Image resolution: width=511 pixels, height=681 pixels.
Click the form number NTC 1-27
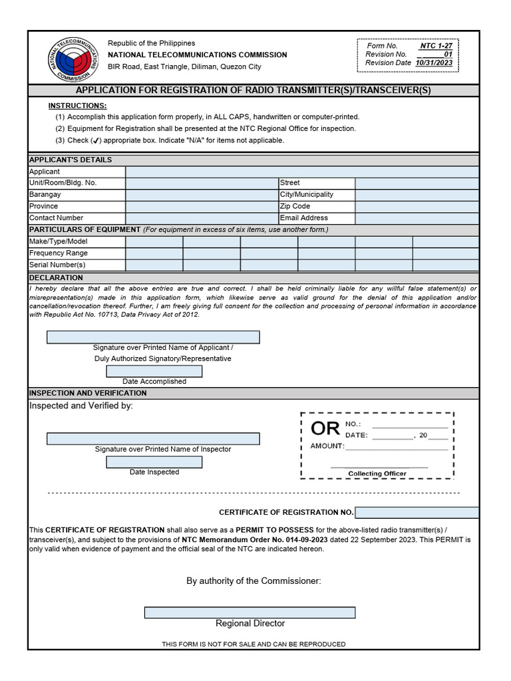coord(436,45)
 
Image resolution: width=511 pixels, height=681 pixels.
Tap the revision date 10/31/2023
coord(434,63)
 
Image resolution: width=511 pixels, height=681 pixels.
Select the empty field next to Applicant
coord(301,172)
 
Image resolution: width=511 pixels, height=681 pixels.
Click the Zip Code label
coord(295,206)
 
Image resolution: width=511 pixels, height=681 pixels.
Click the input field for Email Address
coord(417,218)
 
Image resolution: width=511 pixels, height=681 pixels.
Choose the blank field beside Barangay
coord(202,195)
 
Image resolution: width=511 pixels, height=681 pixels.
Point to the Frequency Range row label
coord(59,253)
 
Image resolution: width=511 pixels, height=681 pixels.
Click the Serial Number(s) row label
coord(57,265)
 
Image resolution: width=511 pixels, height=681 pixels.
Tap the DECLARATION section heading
coord(56,277)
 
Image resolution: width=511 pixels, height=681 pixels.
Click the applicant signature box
coord(153,337)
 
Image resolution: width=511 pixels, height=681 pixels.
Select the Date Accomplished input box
coord(154,371)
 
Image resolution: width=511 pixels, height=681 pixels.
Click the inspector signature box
coord(153,439)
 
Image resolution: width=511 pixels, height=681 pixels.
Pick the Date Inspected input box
coord(154,462)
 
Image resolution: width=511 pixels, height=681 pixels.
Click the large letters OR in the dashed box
coord(325,429)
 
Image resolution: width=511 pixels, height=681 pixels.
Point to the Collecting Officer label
coord(377,474)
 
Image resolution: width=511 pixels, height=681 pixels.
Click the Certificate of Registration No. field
coord(417,512)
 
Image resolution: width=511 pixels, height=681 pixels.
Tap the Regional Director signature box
coord(250,613)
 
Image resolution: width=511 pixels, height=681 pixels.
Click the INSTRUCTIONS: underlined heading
coord(77,106)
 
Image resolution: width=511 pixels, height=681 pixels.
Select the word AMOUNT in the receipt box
coord(327,446)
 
